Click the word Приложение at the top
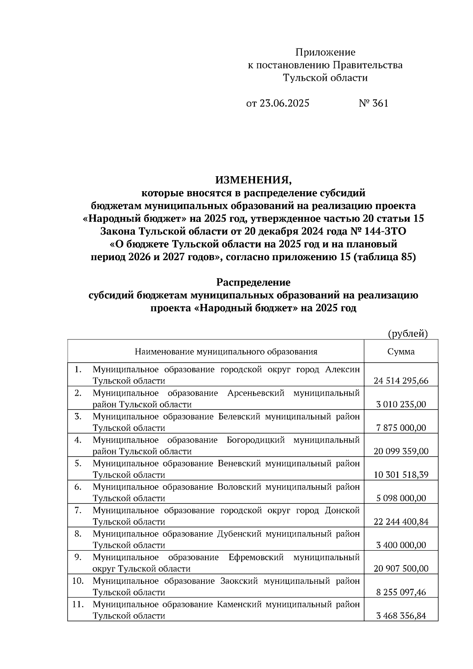[x=325, y=52]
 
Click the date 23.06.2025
[x=284, y=103]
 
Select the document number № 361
[x=373, y=103]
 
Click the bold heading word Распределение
[x=253, y=283]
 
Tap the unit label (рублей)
[x=408, y=334]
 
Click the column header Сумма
[x=401, y=352]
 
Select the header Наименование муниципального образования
[x=226, y=352]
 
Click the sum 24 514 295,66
[x=401, y=381]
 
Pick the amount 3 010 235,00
[x=401, y=404]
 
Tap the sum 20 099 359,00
[x=401, y=451]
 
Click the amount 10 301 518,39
[x=401, y=475]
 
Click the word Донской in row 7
[x=342, y=511]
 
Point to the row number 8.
[x=78, y=534]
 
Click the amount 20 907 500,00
[x=401, y=569]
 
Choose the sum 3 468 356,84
[x=401, y=616]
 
